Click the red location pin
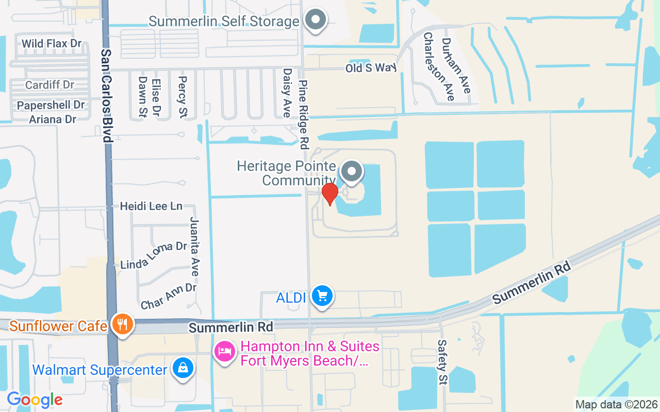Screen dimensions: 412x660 (330, 194)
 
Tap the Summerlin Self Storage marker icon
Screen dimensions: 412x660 (316, 21)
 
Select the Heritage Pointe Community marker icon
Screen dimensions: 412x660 (352, 171)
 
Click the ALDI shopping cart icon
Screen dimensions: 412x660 (323, 296)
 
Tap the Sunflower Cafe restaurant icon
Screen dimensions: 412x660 (122, 324)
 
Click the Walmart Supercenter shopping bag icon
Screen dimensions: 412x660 (183, 369)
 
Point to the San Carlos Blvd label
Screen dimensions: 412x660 (107, 95)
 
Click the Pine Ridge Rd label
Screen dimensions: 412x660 (304, 113)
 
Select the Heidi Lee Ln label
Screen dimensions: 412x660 (151, 206)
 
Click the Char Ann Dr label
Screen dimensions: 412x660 (169, 296)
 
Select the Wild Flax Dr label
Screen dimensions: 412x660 (52, 43)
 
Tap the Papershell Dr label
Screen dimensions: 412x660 (51, 105)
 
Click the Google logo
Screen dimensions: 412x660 (35, 400)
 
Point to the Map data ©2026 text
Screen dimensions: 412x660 (617, 405)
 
